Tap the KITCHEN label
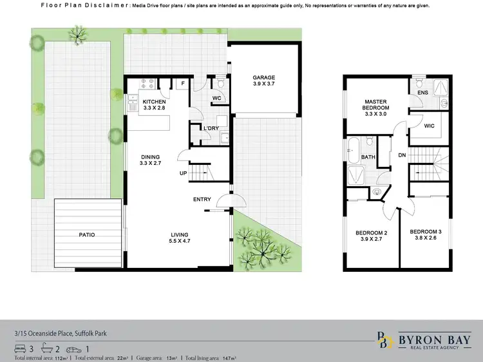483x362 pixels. tap(155, 102)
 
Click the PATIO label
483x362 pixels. tap(86, 235)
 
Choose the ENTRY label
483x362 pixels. tap(202, 199)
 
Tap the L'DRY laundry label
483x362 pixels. tap(212, 128)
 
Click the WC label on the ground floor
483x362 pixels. tap(217, 99)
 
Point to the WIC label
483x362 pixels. tap(430, 126)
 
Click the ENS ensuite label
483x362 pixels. tap(422, 93)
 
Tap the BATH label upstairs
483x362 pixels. tap(368, 157)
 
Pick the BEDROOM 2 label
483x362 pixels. tap(372, 236)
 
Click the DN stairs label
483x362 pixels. tap(401, 155)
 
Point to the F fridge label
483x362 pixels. tap(182, 83)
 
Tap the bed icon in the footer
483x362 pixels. tap(19, 348)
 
